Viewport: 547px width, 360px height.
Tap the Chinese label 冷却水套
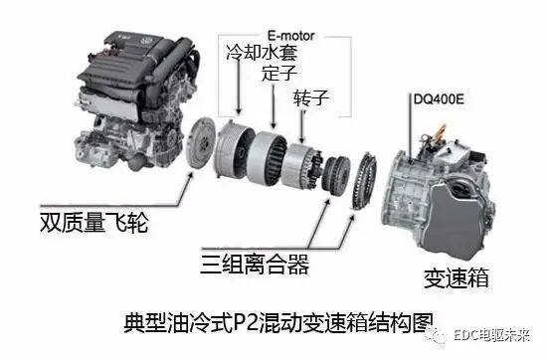[x=262, y=51]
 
